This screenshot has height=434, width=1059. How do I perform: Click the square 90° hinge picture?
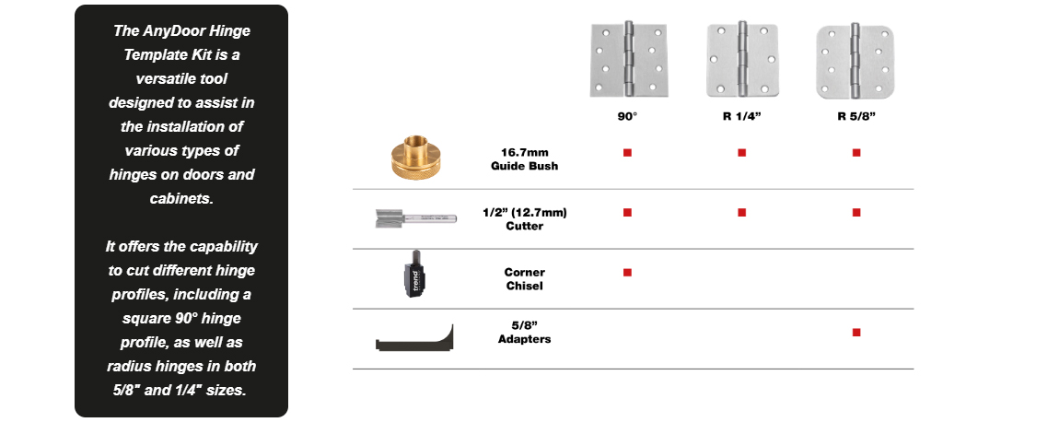coord(627,60)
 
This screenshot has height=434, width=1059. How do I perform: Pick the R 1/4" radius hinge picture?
coord(741,60)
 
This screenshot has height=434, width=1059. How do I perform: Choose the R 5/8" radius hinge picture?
coord(855,60)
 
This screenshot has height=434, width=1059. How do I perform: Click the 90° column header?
coord(627,117)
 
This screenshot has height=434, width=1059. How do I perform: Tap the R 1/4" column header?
coord(741,117)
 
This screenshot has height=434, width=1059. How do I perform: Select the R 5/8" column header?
coord(855,117)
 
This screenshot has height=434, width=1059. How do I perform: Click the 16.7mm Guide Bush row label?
coord(524,158)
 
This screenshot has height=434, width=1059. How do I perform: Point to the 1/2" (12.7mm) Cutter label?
coord(524,218)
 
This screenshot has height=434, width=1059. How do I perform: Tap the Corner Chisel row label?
coord(524,278)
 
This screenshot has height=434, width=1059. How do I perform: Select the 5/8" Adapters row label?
coord(524,332)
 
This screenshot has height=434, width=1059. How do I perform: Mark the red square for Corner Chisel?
coord(627,272)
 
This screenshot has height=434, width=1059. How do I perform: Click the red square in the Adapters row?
coord(856,332)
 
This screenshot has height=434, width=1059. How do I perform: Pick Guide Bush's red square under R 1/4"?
coord(741,152)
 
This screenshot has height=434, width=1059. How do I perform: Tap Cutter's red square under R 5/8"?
coord(856,212)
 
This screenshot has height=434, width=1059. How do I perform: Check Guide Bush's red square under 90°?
coord(627,152)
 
